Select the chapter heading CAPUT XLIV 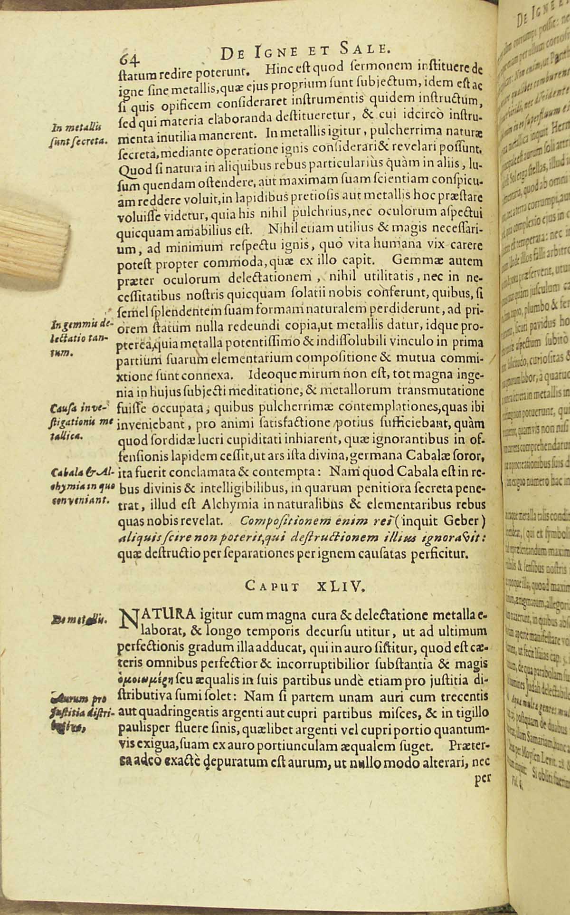[306, 586]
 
